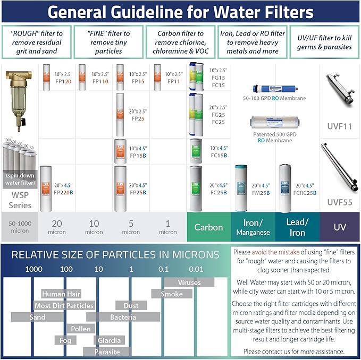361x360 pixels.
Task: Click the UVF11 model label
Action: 340,126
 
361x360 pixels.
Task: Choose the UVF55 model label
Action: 340,202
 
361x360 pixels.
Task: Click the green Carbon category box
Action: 208,227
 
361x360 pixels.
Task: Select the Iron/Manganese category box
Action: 253,227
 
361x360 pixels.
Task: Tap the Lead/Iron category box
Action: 297,227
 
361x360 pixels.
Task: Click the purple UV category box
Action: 340,227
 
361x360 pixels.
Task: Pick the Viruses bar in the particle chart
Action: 189,282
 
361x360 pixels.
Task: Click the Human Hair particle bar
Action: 61,294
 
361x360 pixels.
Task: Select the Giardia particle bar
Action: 109,340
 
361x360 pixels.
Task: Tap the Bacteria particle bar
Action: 123,317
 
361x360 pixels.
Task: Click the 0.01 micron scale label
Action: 196,269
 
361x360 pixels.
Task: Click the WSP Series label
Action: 20,201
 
